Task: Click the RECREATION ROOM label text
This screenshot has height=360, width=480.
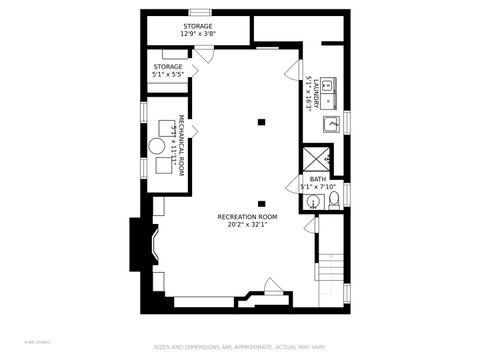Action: [x=247, y=216]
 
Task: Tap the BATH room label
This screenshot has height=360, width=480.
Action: [x=317, y=179]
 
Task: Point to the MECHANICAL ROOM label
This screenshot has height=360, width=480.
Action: [x=182, y=142]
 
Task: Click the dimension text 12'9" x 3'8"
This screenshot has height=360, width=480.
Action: [x=197, y=34]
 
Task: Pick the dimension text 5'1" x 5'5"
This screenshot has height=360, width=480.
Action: [x=169, y=73]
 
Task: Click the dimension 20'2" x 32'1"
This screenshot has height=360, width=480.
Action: [x=247, y=224]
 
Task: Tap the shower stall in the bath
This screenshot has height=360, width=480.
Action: [x=318, y=159]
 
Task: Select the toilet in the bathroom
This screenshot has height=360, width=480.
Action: [x=334, y=202]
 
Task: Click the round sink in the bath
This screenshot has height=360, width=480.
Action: [x=313, y=203]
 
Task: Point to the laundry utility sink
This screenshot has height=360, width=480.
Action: [x=329, y=125]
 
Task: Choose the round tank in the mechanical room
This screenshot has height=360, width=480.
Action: [x=158, y=146]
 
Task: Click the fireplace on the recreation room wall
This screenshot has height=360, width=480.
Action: [x=142, y=243]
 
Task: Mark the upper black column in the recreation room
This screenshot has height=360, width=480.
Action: [x=262, y=121]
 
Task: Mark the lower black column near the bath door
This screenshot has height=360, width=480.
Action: [x=262, y=203]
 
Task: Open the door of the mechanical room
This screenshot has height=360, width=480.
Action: [x=194, y=130]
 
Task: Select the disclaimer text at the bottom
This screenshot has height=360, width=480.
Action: [x=239, y=348]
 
